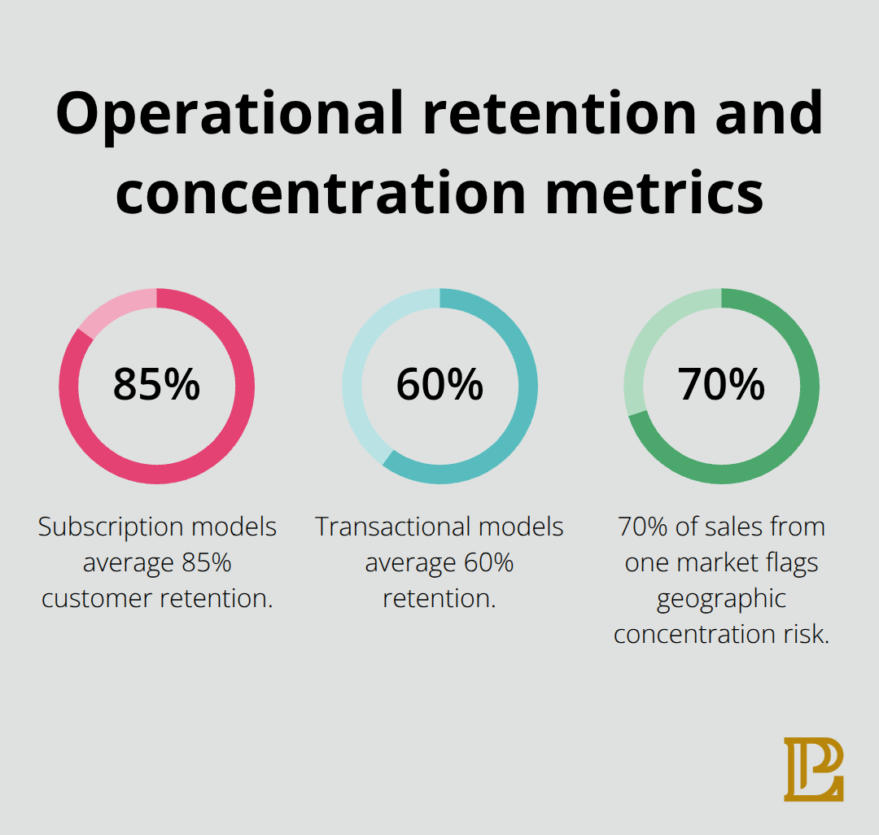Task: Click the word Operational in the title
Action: [230, 115]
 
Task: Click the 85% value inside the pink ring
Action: [156, 385]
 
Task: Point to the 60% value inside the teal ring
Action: [439, 385]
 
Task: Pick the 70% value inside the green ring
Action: [721, 385]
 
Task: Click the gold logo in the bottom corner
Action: [813, 769]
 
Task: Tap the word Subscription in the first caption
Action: [111, 527]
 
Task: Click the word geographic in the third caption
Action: [721, 599]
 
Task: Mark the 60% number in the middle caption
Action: [488, 563]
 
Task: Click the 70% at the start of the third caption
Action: [642, 527]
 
